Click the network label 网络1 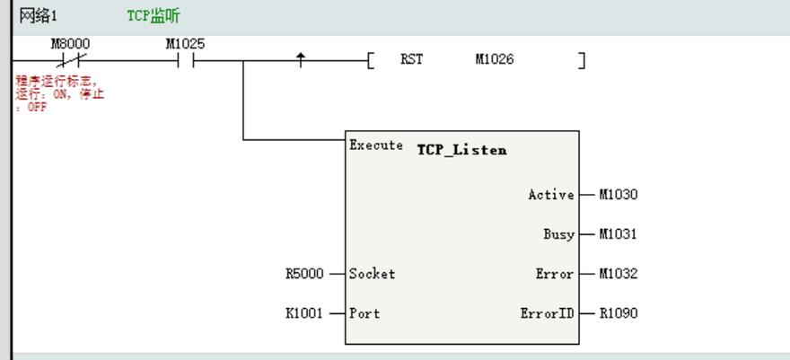pyautogui.click(x=38, y=16)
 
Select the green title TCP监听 pyautogui.click(x=153, y=16)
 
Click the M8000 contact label pyautogui.click(x=70, y=44)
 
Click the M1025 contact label pyautogui.click(x=185, y=44)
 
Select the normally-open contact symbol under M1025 pyautogui.click(x=185, y=61)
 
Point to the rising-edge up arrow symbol pyautogui.click(x=301, y=60)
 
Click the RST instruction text pyautogui.click(x=411, y=60)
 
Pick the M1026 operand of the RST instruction pyautogui.click(x=495, y=60)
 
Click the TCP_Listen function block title pyautogui.click(x=461, y=150)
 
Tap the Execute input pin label pyautogui.click(x=376, y=145)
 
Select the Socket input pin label pyautogui.click(x=372, y=274)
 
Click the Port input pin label pyautogui.click(x=364, y=313)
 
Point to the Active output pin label pyautogui.click(x=550, y=195)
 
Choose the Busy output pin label pyautogui.click(x=558, y=234)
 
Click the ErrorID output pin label pyautogui.click(x=547, y=313)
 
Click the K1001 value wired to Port pyautogui.click(x=304, y=313)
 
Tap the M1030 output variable pyautogui.click(x=619, y=195)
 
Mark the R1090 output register pyautogui.click(x=619, y=313)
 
